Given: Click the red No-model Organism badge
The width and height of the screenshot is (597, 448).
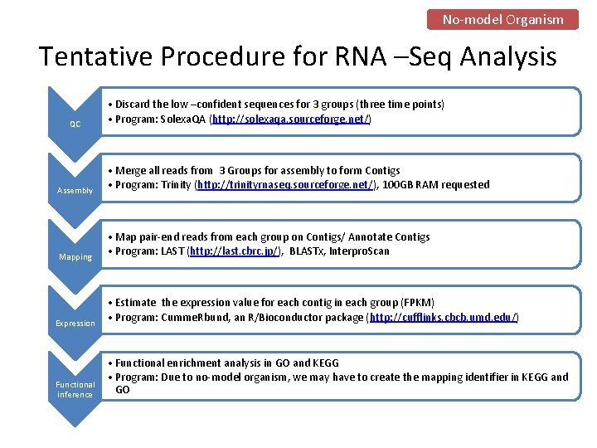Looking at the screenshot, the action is [x=502, y=19].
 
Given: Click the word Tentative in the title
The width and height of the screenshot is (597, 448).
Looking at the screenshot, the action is [x=95, y=56].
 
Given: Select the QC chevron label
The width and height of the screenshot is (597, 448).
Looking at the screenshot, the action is [x=75, y=124].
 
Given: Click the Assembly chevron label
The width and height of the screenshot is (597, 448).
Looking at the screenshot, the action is [x=75, y=191].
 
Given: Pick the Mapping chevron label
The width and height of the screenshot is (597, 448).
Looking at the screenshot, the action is [x=75, y=257].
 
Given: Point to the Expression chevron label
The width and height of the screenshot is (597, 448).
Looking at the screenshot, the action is [x=75, y=323].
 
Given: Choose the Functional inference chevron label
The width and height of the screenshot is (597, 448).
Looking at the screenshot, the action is [x=75, y=389].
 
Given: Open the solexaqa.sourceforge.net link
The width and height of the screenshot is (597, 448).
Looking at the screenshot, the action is [x=291, y=119].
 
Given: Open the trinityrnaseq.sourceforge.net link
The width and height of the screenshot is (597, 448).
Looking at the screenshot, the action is [x=285, y=185].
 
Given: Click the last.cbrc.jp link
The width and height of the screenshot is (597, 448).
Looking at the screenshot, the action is [x=235, y=251].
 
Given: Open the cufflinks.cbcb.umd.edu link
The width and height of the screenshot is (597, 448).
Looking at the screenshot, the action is [x=444, y=317].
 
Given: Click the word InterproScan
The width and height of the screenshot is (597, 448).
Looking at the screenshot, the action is [x=359, y=251].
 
